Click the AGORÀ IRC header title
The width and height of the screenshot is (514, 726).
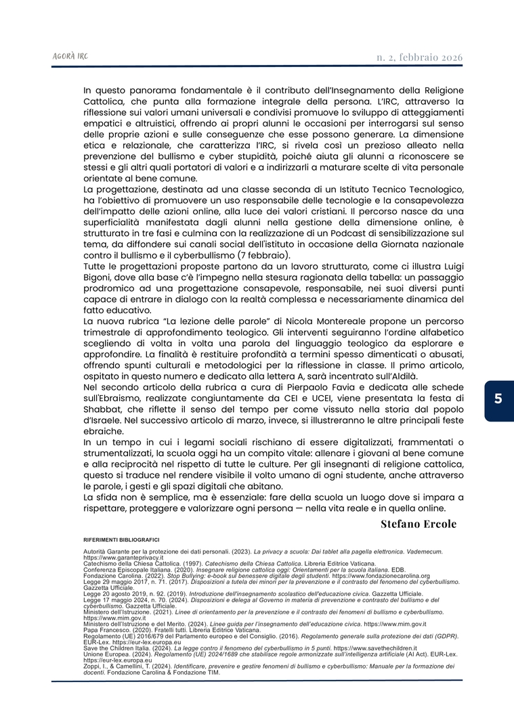coord(69,56)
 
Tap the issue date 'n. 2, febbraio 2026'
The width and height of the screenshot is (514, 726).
coord(419,57)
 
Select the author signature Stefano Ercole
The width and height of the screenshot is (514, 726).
coord(419,524)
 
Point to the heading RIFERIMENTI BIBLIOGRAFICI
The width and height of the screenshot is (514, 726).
coord(121,539)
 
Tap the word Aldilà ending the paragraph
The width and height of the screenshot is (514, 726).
coord(400,377)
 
